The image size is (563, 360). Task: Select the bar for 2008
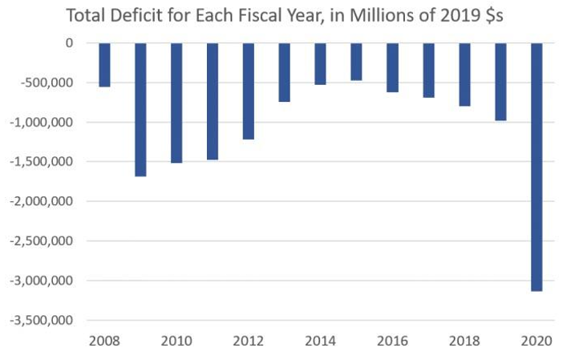[x=104, y=64]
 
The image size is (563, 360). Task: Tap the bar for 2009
[x=140, y=109]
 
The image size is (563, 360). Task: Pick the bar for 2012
[x=249, y=91]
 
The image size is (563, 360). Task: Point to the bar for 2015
[x=356, y=62]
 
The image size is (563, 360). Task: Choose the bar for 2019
[x=500, y=82]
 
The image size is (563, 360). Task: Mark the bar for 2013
[x=285, y=72]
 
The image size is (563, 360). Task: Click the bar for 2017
[x=428, y=70]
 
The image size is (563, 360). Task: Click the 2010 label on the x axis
[x=176, y=340]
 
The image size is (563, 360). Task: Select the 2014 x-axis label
[x=321, y=340]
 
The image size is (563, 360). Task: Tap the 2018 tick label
[x=464, y=340]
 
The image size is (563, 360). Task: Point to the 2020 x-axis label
[x=537, y=340]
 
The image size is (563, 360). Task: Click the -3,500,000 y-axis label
[x=41, y=320]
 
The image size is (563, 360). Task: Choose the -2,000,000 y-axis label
[x=41, y=201]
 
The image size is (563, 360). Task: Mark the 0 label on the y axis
[x=70, y=43]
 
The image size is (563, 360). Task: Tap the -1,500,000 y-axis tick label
[x=41, y=162]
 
